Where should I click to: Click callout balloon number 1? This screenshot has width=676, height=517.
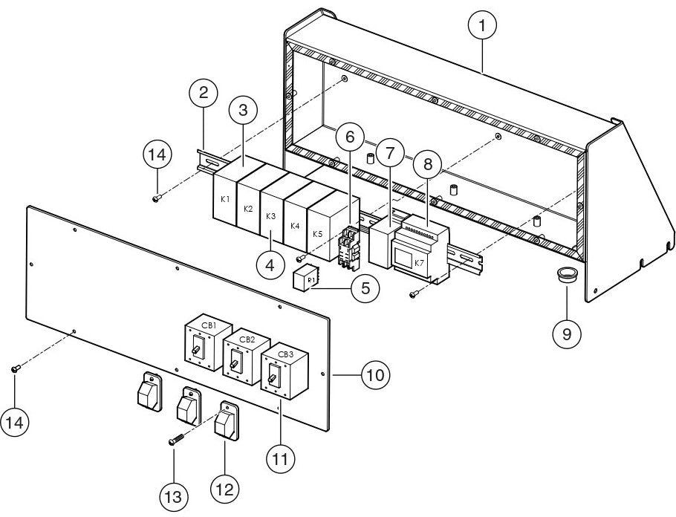pyautogui.click(x=483, y=26)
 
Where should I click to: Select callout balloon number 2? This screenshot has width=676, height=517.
pyautogui.click(x=204, y=94)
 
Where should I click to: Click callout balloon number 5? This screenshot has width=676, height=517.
pyautogui.click(x=363, y=288)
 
